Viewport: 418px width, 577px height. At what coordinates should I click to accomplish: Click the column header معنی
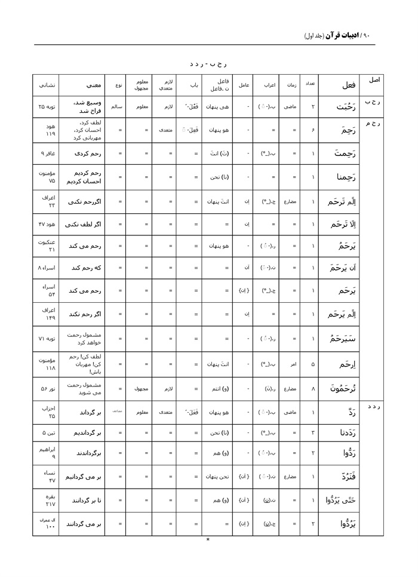(83, 85)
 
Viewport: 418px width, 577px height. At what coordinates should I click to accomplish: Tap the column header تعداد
(311, 85)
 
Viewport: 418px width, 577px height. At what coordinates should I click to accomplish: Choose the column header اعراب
(266, 85)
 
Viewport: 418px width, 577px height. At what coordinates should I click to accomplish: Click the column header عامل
(244, 85)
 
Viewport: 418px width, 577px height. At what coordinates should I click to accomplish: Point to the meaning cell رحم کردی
(83, 153)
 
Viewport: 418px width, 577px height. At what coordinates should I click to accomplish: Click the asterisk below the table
(208, 541)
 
